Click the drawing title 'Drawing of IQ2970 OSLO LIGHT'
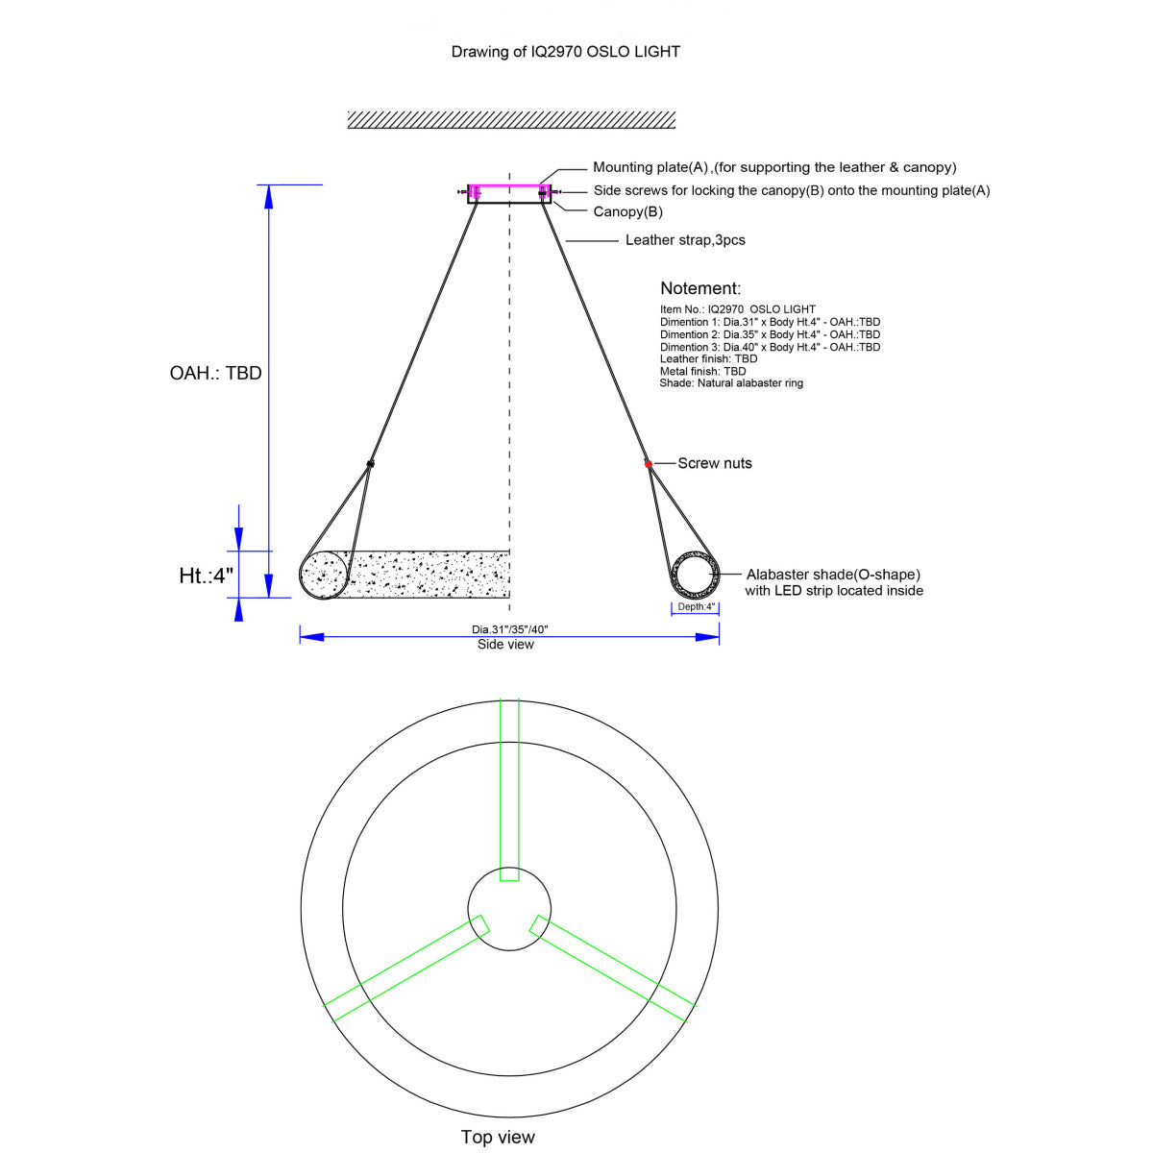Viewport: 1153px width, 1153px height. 565,52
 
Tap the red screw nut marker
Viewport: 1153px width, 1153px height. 648,464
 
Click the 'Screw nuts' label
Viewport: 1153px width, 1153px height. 715,463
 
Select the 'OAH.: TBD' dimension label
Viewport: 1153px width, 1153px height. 215,373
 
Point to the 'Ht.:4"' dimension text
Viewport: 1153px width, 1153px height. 206,576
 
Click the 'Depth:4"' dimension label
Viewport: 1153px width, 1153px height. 696,606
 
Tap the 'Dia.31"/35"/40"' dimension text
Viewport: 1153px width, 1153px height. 510,629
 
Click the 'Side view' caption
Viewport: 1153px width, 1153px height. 505,645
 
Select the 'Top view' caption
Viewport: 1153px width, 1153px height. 498,1137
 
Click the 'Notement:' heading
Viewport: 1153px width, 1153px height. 700,288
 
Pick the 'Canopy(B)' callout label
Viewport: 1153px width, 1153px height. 627,211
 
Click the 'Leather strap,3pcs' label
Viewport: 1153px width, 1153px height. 685,240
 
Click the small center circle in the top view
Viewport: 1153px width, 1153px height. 509,867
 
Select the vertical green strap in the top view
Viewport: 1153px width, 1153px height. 509,790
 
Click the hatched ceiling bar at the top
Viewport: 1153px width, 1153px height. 511,120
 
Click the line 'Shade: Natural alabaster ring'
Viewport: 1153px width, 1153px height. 731,383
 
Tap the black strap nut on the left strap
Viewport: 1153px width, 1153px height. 370,463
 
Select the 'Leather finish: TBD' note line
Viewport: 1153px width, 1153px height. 708,359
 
